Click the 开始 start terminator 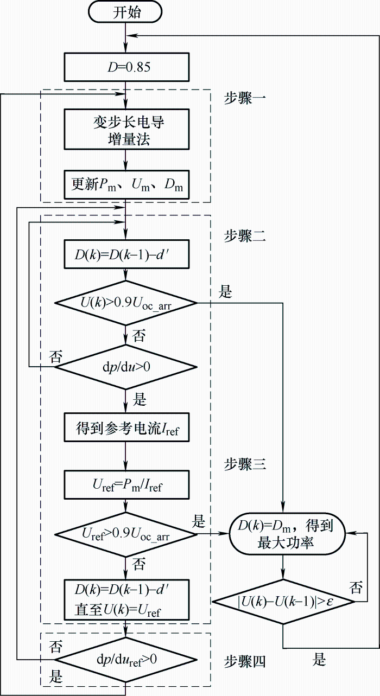click(126, 13)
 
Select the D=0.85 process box click(126, 67)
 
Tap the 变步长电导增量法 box click(126, 130)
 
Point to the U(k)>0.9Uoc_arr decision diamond click(126, 304)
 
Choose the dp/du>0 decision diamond click(126, 367)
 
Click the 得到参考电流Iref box click(126, 428)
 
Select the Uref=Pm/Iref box click(126, 485)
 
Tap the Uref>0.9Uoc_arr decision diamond click(126, 534)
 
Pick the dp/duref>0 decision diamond click(126, 660)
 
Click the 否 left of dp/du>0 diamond click(56, 356)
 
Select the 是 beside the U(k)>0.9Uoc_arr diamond click(225, 293)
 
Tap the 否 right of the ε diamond click(356, 588)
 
